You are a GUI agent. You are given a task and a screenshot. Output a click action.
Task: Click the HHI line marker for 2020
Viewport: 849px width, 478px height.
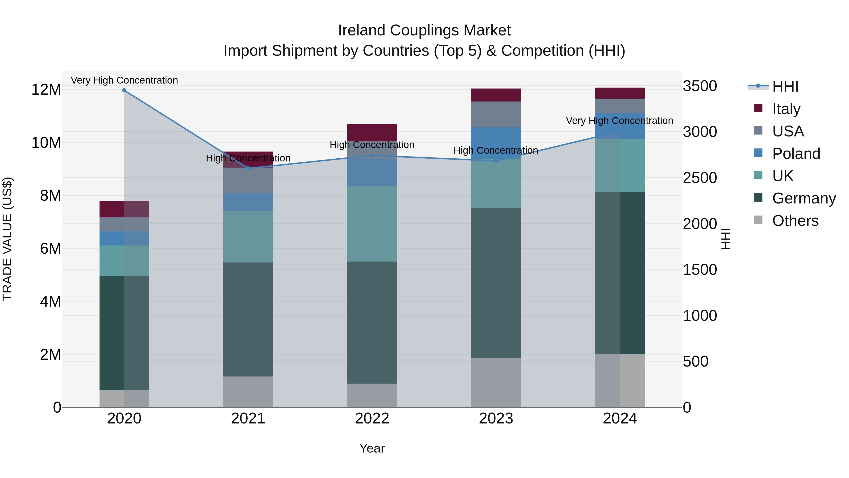[x=124, y=90]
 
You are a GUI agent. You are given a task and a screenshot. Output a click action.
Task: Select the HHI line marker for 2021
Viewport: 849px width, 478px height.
[x=248, y=168]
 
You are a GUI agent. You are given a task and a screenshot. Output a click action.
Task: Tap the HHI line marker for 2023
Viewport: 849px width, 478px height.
[x=496, y=161]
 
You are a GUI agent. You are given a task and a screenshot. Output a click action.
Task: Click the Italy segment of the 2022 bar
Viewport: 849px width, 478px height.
[x=372, y=132]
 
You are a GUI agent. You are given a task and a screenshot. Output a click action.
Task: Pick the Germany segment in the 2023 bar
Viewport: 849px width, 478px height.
[x=496, y=283]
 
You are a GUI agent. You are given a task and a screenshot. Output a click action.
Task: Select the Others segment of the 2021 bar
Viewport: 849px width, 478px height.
[x=248, y=392]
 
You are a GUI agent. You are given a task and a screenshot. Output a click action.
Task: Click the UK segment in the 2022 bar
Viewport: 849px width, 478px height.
[x=372, y=224]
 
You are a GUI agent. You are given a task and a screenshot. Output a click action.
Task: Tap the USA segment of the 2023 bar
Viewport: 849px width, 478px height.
[x=496, y=114]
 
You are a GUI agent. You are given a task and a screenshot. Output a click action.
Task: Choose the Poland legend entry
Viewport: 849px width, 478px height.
[x=796, y=154]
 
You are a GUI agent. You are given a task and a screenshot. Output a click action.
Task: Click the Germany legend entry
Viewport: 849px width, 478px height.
[x=803, y=198]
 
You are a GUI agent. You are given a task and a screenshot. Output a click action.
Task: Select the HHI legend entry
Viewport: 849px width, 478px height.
[x=785, y=86]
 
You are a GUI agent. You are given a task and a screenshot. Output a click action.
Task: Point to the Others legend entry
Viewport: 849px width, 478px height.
[x=795, y=221]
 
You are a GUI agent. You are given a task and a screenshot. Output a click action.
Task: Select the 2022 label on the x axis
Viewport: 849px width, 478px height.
[x=372, y=419]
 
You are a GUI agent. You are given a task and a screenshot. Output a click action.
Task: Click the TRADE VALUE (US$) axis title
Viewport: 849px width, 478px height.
[x=7, y=239]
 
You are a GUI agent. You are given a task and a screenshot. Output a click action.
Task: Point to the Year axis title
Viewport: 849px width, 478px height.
[x=372, y=448]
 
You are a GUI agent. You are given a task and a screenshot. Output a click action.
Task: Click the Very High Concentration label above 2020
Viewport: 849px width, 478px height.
[x=124, y=80]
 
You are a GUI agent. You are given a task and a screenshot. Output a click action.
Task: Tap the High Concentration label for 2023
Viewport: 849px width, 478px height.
[x=496, y=150]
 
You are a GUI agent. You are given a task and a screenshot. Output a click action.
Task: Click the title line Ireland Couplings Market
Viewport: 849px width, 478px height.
[x=424, y=30]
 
